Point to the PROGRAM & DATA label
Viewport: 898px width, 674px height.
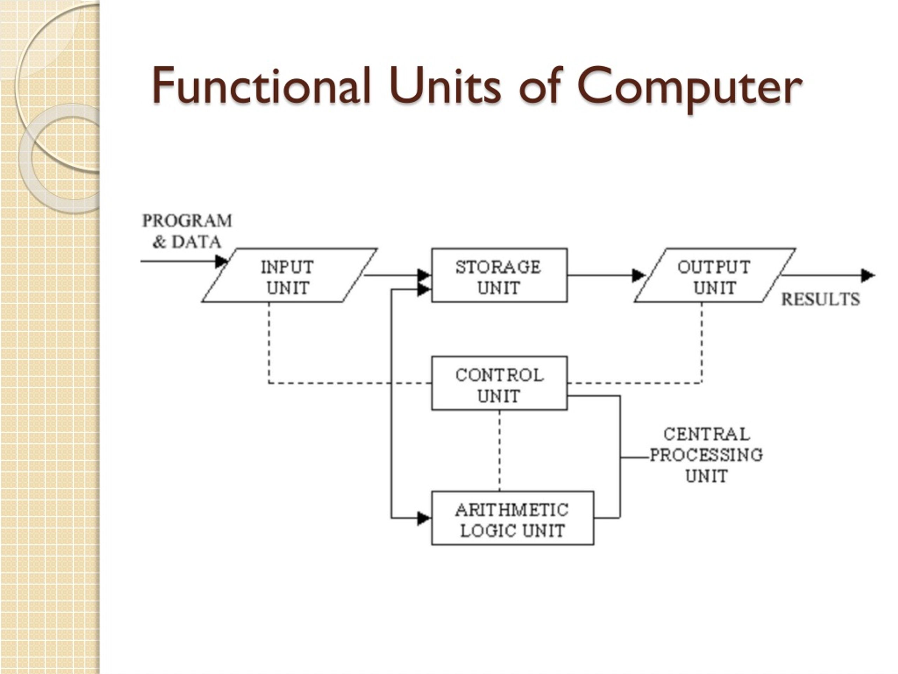187,231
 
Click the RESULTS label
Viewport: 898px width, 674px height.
820,299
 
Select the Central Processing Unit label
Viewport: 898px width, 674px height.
706,455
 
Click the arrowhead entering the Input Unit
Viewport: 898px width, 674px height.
222,261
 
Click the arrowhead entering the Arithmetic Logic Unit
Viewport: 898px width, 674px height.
424,518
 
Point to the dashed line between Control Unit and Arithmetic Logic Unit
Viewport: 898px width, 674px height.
500,451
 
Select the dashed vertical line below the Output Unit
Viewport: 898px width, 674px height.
702,343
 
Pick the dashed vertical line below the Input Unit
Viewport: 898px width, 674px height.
269,343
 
